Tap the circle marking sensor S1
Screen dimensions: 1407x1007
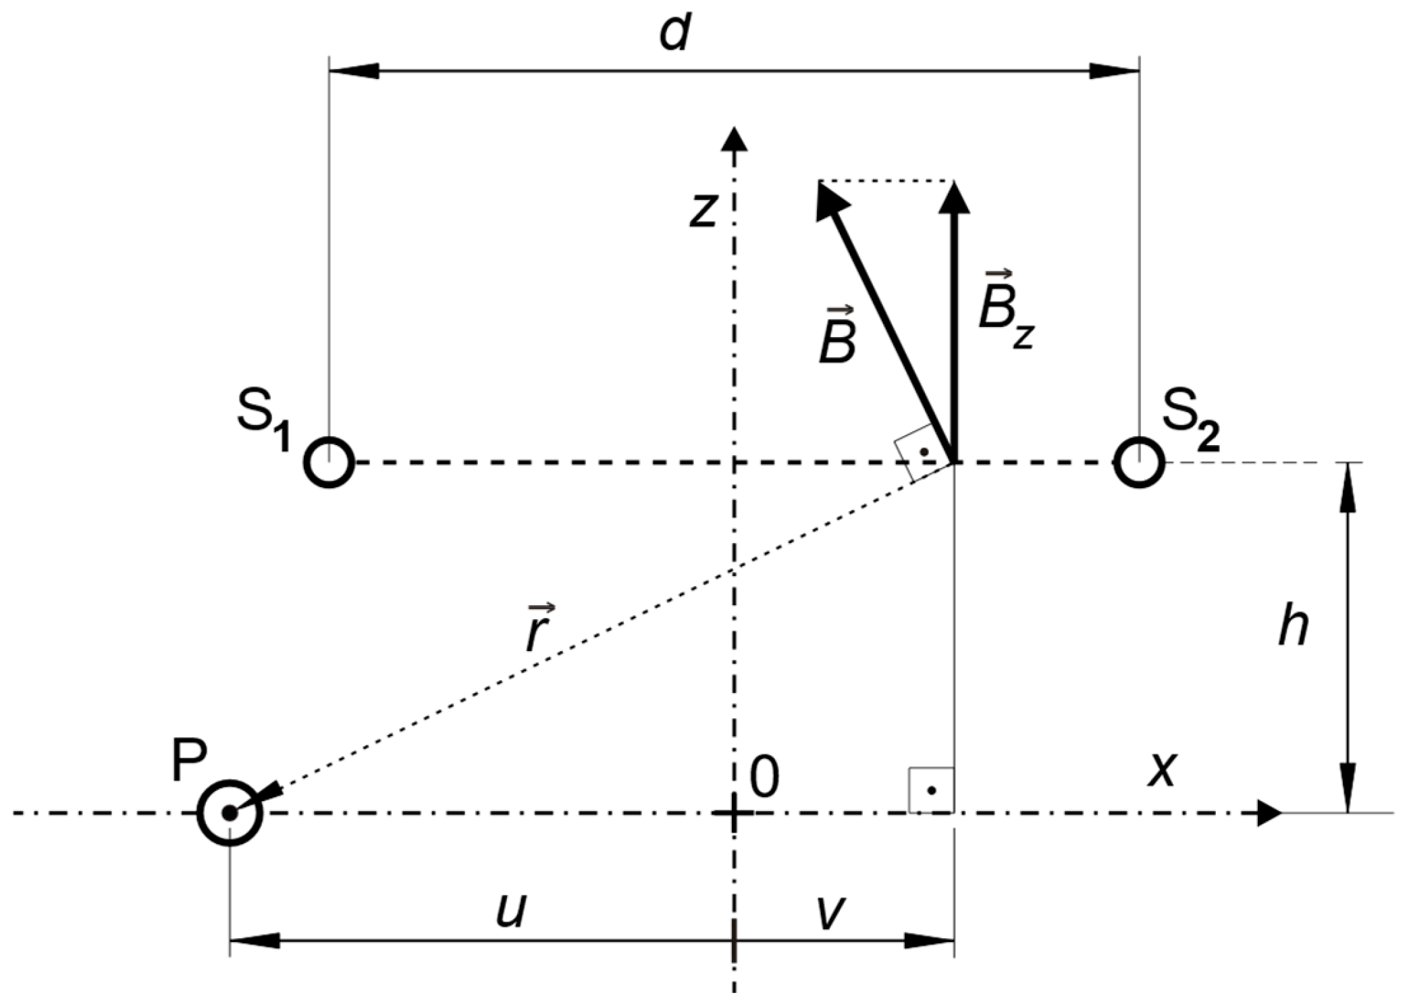click(329, 463)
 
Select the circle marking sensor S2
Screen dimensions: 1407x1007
click(1140, 463)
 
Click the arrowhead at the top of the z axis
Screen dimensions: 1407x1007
click(735, 138)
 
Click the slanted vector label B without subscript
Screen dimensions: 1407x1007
click(838, 338)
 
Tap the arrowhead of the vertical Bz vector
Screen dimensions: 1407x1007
click(954, 198)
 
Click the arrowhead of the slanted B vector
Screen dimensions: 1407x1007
click(830, 201)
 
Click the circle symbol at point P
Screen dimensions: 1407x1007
click(230, 812)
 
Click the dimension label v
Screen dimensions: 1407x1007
click(830, 912)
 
